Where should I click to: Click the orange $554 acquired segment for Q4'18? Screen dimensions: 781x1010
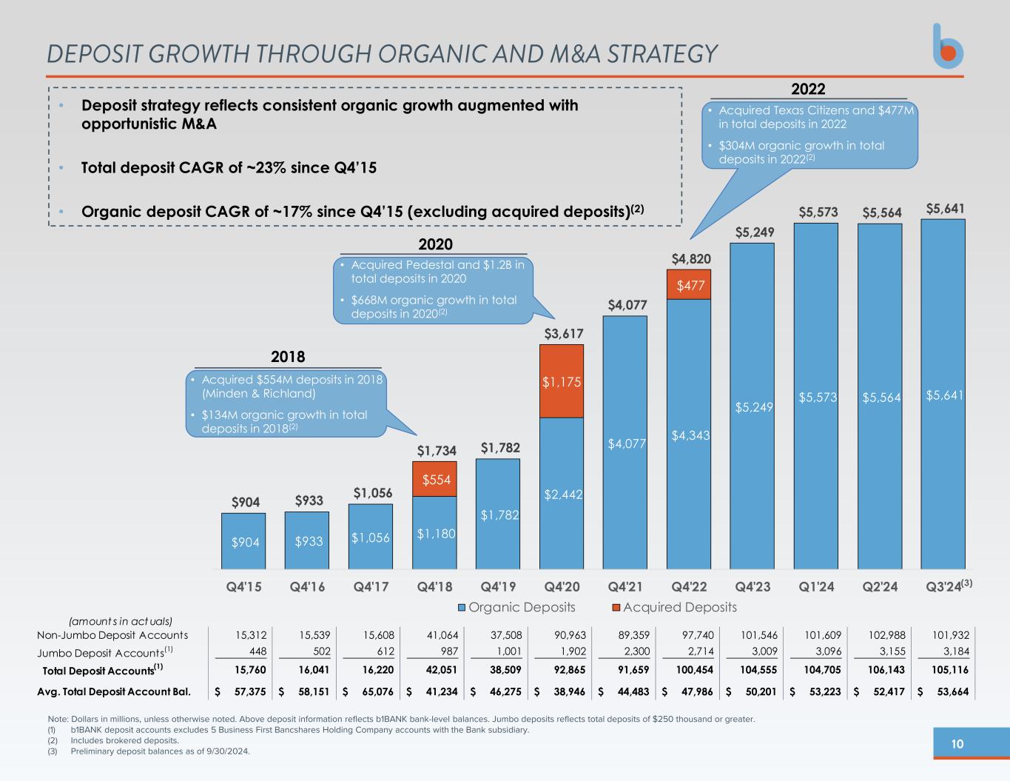434,479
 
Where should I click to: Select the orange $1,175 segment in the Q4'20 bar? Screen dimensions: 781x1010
562,381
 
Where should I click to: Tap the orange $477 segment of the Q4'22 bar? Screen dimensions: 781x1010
689,284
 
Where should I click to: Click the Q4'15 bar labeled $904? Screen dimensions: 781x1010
243,541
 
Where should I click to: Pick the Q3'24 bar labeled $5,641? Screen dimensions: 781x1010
943,394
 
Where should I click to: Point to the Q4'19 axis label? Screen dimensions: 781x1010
498,587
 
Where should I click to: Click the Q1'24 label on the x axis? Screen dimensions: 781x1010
816,587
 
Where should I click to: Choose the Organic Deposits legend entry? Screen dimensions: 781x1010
516,607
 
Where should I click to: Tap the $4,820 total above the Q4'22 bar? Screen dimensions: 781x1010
691,258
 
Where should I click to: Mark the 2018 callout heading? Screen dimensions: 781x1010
288,357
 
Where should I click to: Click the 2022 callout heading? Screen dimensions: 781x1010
808,89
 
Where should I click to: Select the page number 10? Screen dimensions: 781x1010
957,744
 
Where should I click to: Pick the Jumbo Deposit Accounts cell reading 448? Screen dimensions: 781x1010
256,652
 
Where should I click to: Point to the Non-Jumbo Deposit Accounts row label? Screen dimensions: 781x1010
112,634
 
